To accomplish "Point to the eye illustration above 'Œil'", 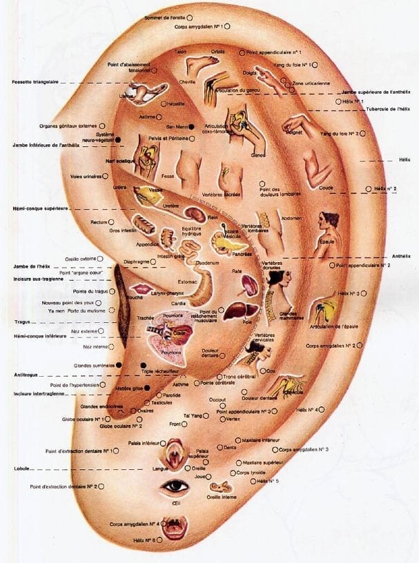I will [175, 487].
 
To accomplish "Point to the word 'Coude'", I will [327, 188].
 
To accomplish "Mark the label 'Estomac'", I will [188, 280].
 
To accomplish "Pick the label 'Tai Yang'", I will [193, 415].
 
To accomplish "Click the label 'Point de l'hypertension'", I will [77, 384].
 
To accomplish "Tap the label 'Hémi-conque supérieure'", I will [39, 208].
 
